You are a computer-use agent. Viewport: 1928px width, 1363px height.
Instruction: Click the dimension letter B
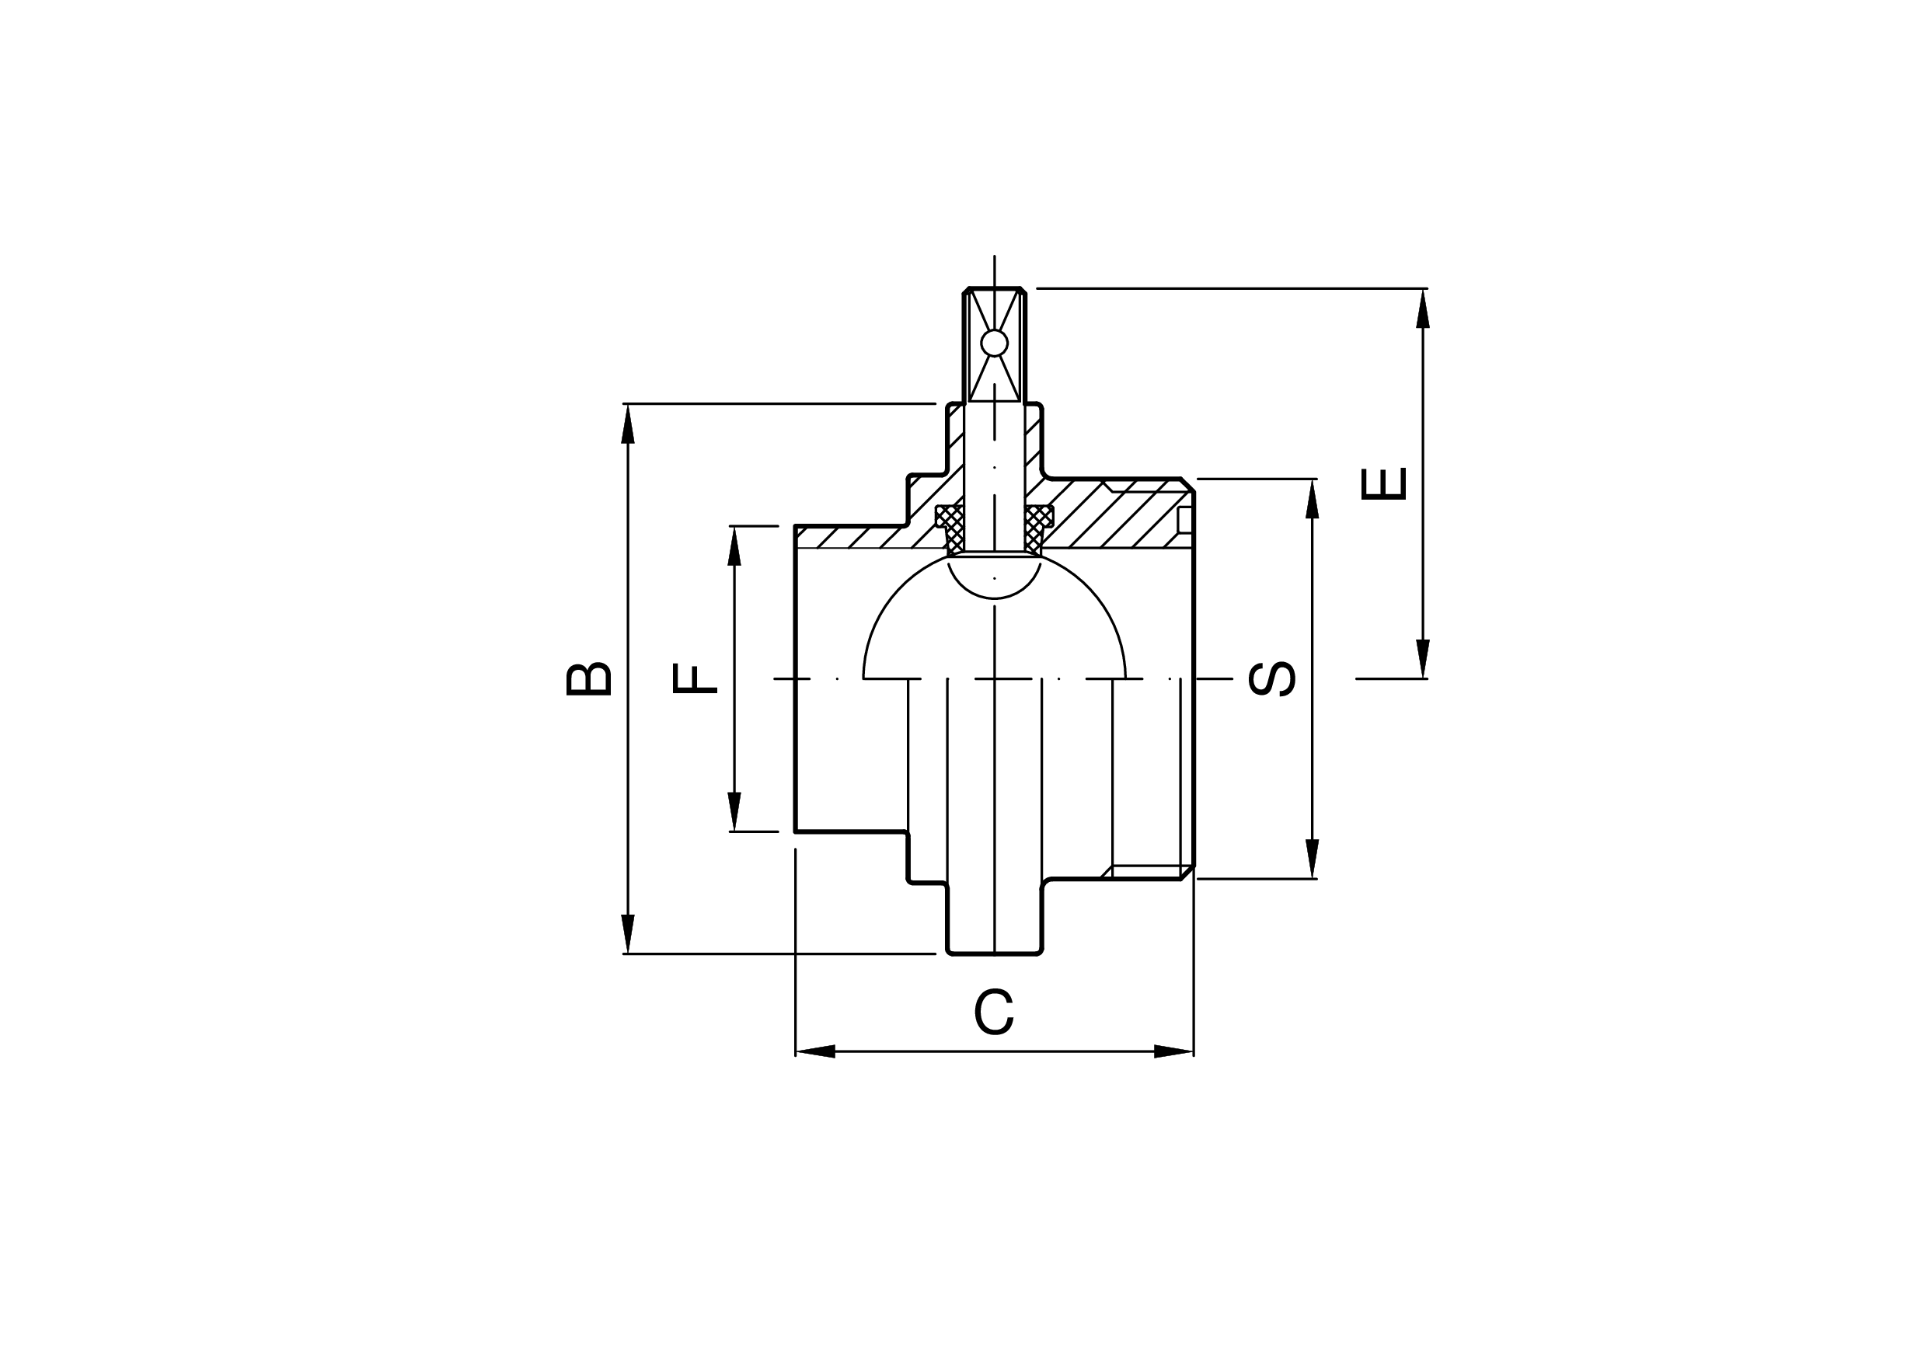pyautogui.click(x=588, y=679)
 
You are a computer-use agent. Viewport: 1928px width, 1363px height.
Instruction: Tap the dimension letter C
pyautogui.click(x=994, y=1012)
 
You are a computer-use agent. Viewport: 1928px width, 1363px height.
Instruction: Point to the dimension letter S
pyautogui.click(x=1273, y=678)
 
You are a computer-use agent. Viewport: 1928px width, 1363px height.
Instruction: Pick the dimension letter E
pyautogui.click(x=1383, y=483)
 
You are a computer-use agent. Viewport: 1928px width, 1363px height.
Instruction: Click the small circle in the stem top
pyautogui.click(x=994, y=343)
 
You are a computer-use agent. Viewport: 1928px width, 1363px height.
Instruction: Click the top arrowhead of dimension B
pyautogui.click(x=628, y=424)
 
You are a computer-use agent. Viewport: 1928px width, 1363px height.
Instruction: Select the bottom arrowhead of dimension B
pyautogui.click(x=628, y=934)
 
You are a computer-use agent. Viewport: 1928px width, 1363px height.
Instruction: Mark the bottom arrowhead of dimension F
pyautogui.click(x=735, y=811)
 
